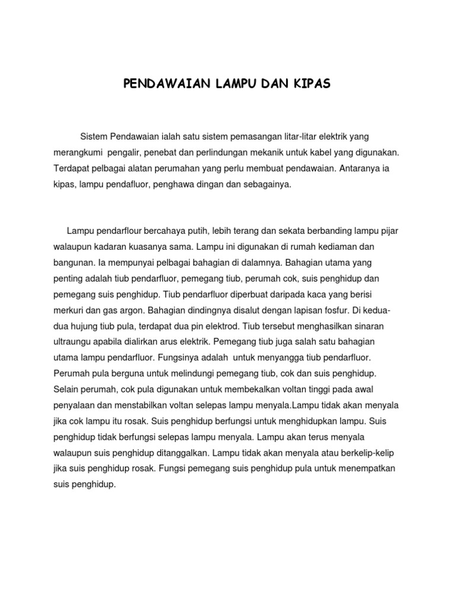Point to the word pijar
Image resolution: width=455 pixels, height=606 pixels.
(x=389, y=230)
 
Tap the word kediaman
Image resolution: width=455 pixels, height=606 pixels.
(x=344, y=245)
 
